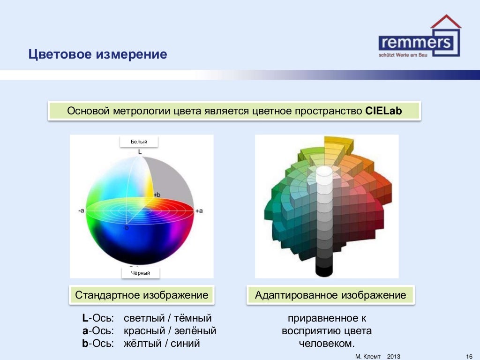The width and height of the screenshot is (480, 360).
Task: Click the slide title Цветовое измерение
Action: coord(97,54)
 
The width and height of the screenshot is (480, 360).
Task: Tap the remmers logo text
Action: coord(416,43)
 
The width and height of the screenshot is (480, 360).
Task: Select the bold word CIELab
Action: coord(384,111)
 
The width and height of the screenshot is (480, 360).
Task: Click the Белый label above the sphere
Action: coord(139,142)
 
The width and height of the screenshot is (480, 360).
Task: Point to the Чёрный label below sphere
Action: coord(140,273)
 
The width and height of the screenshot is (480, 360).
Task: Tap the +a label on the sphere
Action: coord(199,211)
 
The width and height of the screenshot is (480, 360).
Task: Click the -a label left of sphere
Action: coord(81,211)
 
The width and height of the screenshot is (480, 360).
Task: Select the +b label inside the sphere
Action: coord(157,194)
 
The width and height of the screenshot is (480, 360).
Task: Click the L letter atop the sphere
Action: coord(139,151)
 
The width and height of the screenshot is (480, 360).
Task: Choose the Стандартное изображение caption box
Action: coord(142,295)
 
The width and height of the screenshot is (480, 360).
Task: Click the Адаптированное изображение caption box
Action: coord(330,295)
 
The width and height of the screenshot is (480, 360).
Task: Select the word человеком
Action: coord(326,343)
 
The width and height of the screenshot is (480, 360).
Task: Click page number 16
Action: coord(469,357)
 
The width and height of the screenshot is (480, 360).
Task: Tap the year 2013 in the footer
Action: coord(394,357)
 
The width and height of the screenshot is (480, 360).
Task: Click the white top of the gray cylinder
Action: coord(324,171)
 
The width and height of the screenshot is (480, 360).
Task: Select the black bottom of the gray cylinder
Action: coord(324,270)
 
